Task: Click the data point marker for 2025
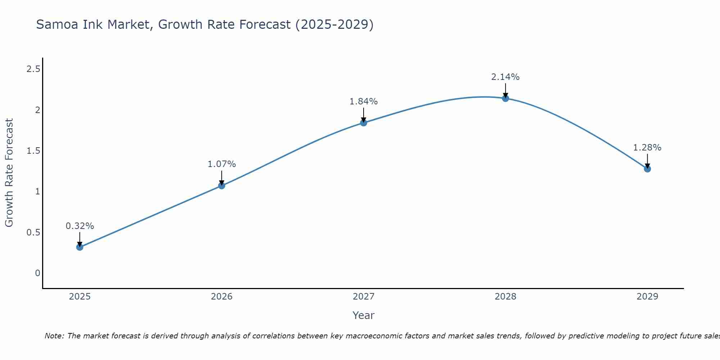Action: [80, 247]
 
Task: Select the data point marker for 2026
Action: [222, 186]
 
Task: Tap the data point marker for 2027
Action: [364, 123]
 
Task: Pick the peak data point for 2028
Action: [505, 98]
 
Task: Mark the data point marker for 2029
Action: [647, 169]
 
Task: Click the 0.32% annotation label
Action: [80, 226]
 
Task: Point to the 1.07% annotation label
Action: [222, 164]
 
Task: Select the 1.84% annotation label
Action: [364, 102]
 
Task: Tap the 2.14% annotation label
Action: [505, 77]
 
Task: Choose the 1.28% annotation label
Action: [647, 148]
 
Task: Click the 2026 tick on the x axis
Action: [222, 297]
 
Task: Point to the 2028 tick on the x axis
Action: [505, 297]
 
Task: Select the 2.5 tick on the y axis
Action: [33, 69]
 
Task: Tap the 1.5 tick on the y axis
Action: [33, 151]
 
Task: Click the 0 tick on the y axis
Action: [37, 273]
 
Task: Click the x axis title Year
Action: [364, 315]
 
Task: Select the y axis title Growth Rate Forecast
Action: [9, 173]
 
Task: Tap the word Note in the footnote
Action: [54, 336]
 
